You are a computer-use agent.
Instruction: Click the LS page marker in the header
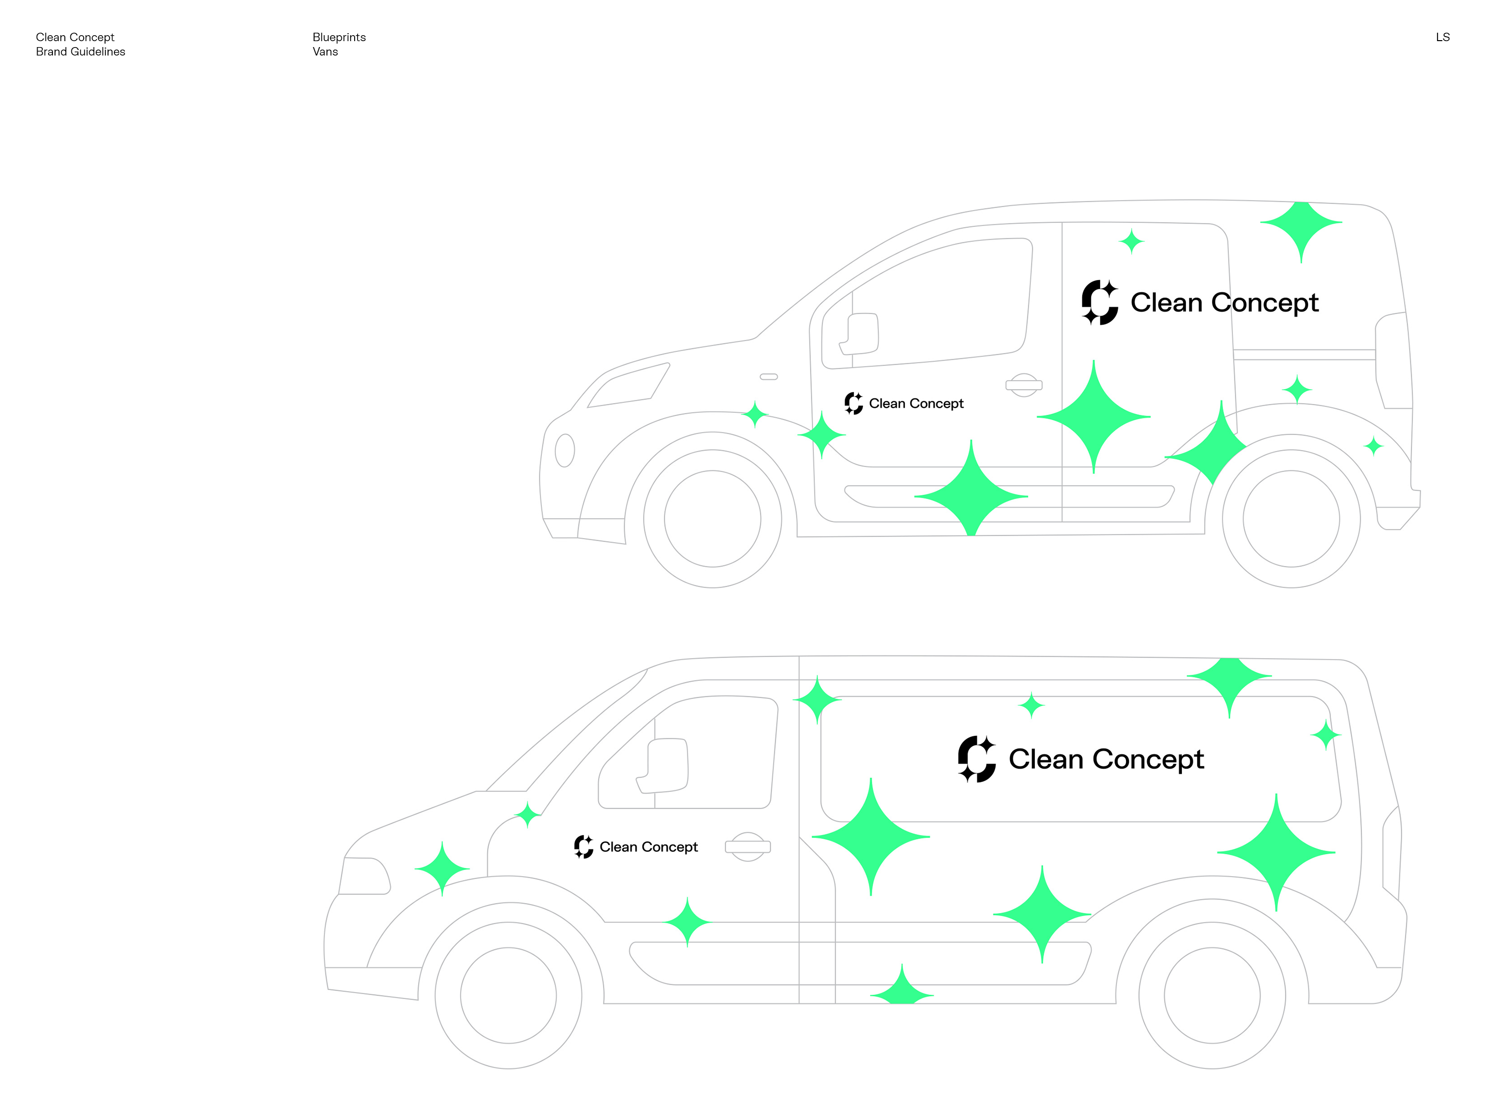pos(1442,37)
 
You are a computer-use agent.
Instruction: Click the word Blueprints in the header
pos(339,37)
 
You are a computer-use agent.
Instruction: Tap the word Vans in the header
pos(325,52)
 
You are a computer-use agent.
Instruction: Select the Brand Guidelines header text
pos(81,52)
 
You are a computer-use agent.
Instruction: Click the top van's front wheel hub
pos(712,519)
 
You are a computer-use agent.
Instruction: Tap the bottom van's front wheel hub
pos(509,996)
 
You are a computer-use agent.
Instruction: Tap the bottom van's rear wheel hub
pos(1212,996)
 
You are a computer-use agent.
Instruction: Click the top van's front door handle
pos(1024,385)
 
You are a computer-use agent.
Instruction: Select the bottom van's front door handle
pos(747,847)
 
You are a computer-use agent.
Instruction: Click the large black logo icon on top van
pos(1100,302)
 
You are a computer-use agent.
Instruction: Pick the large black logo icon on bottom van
pos(977,760)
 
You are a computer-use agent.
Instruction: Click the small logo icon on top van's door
pos(853,403)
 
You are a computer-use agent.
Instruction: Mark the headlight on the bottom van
pos(365,876)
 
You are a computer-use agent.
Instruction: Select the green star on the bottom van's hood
pos(442,868)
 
